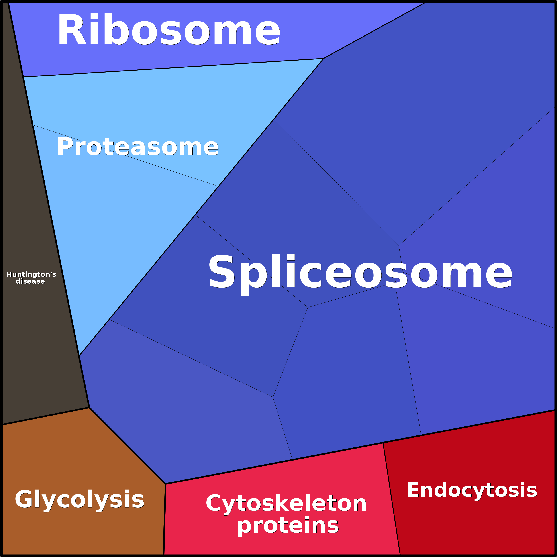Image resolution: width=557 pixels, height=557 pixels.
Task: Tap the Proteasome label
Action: coord(137,147)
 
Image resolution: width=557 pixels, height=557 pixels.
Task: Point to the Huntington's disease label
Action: coord(31,278)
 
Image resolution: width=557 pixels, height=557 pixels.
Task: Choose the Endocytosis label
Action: coord(472,490)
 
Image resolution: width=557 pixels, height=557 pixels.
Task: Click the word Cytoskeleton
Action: coord(286,503)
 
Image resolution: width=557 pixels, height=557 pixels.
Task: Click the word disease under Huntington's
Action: coord(30,281)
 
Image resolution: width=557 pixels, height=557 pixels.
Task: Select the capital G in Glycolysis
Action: coord(24,499)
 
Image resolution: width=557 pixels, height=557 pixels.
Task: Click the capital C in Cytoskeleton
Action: coord(214,503)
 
